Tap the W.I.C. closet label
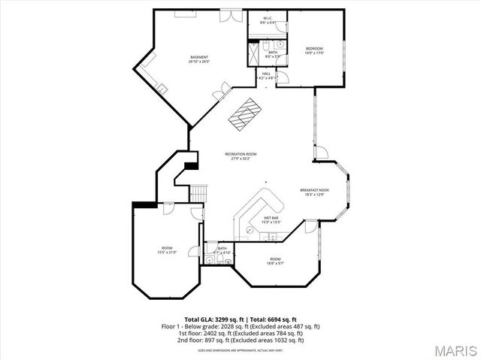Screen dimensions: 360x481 267,18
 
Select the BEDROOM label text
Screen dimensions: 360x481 313,49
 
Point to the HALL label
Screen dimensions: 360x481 266,73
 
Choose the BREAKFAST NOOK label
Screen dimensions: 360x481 314,190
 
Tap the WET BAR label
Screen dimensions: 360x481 271,217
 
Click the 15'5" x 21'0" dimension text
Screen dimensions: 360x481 166,253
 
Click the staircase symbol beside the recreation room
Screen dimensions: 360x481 197,193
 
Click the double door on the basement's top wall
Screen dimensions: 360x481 227,15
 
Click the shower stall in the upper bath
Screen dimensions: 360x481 253,52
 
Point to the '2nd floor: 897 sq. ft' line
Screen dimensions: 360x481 240,340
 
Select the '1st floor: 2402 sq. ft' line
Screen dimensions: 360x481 240,334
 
